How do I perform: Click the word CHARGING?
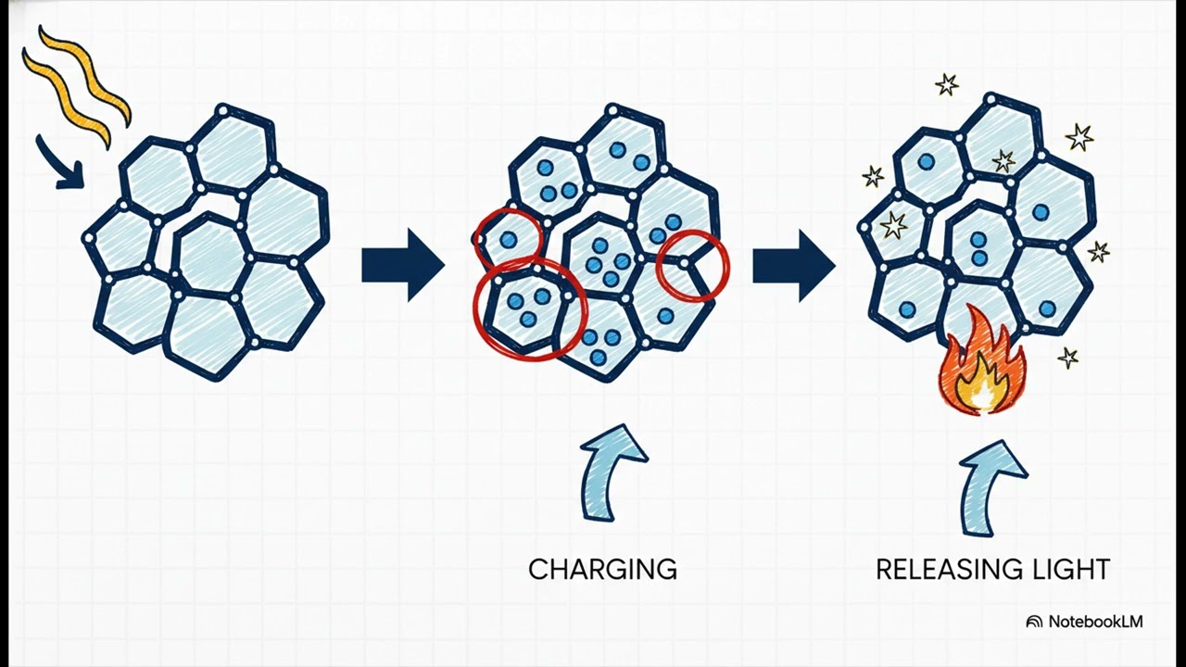(x=602, y=570)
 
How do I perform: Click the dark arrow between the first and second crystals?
(x=403, y=265)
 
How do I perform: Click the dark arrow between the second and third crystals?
(x=794, y=265)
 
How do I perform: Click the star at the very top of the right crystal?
(x=946, y=84)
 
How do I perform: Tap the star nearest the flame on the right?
(x=1068, y=358)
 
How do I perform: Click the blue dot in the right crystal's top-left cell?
(x=926, y=162)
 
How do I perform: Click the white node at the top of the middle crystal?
(x=612, y=111)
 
